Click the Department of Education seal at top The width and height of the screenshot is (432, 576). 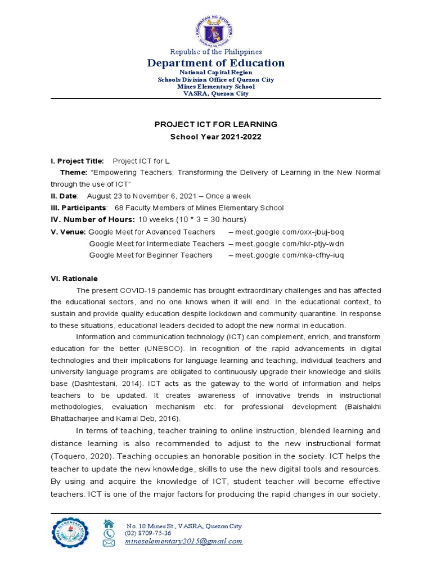[x=216, y=28]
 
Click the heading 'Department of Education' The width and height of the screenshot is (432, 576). [x=216, y=63]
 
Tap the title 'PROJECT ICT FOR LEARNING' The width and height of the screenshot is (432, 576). [x=216, y=124]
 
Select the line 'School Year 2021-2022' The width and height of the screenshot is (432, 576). [x=216, y=137]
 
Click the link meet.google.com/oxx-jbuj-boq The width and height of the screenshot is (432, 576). [x=289, y=232]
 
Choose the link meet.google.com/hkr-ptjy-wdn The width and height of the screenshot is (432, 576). [x=289, y=244]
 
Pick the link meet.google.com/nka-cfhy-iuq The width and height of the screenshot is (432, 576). [x=289, y=255]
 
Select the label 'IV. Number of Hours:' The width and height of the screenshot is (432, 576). [x=92, y=219]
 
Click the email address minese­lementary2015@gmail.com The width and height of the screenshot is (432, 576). [x=183, y=541]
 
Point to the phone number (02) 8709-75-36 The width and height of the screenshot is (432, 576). [x=147, y=533]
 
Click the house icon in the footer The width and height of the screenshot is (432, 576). [x=109, y=524]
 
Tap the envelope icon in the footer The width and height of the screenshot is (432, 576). [x=109, y=543]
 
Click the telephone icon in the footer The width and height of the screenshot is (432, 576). [x=109, y=533]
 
